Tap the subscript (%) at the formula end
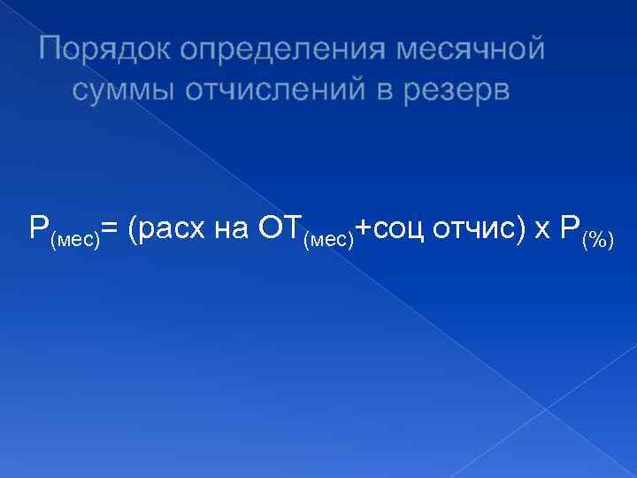(x=598, y=241)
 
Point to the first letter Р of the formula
(x=37, y=229)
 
